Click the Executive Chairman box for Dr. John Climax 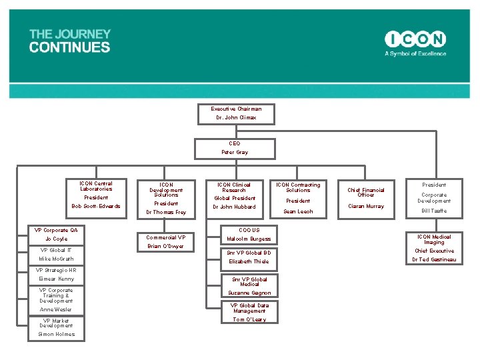(236, 113)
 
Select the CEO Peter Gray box (235, 148)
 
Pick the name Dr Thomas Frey (166, 212)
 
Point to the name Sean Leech (298, 211)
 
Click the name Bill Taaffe (434, 211)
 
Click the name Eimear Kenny (56, 279)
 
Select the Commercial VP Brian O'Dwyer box (166, 241)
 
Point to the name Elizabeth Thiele (248, 261)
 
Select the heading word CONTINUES (69, 47)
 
